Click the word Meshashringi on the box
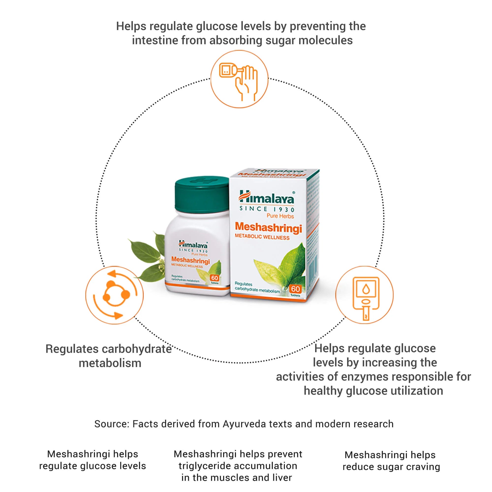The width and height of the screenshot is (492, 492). coord(268,227)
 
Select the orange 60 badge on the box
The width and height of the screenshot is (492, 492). coord(295,289)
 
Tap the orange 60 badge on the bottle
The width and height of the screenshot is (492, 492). coord(215,278)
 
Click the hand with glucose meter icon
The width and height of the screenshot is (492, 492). coord(239,79)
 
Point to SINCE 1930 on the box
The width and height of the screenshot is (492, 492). coord(267,209)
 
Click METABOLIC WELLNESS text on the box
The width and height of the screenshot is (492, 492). coord(262,237)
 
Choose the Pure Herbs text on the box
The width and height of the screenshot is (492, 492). coord(280,216)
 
